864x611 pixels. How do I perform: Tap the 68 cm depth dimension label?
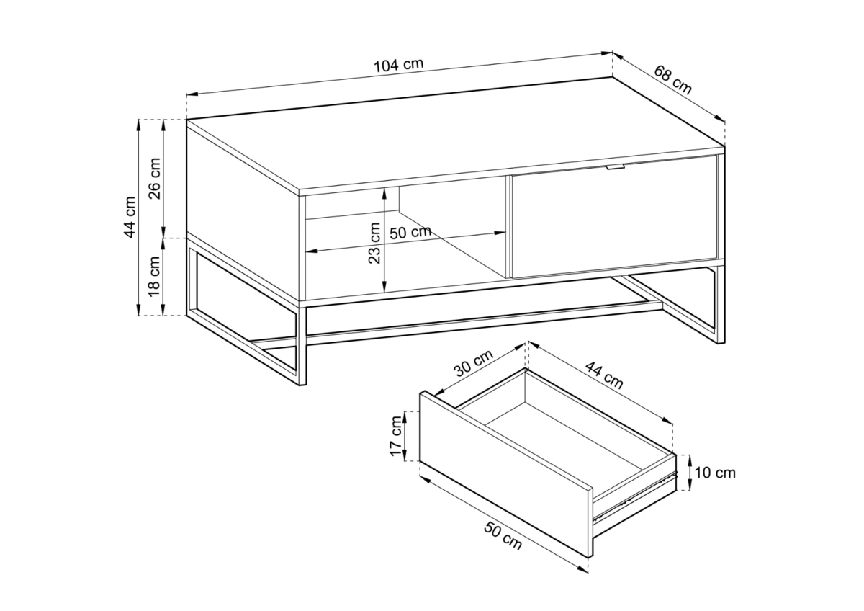(x=672, y=80)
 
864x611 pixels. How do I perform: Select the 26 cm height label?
(x=155, y=178)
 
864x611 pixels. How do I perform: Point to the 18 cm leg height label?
(x=154, y=276)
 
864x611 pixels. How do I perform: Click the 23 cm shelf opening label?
(x=374, y=243)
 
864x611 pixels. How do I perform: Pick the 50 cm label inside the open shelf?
(x=410, y=232)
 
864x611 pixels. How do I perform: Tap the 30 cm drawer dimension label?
(x=474, y=363)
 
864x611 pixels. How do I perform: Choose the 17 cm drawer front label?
(x=396, y=436)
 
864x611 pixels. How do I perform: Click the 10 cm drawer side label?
(x=715, y=473)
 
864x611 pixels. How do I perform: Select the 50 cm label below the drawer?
(x=503, y=536)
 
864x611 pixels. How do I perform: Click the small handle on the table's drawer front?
(x=615, y=166)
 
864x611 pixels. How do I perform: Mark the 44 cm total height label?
(x=130, y=217)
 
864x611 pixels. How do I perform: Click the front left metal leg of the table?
(x=302, y=347)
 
